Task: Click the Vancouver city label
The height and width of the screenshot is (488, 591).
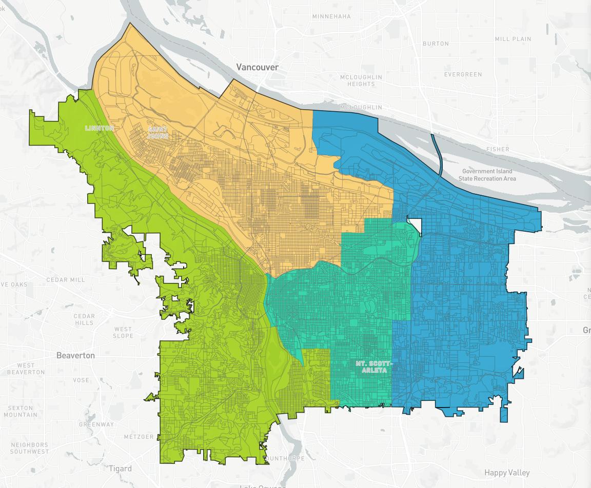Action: click(258, 67)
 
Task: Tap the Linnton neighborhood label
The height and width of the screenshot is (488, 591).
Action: click(100, 128)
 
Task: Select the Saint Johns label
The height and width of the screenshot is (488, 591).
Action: click(157, 133)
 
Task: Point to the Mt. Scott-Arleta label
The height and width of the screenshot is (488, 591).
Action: click(373, 367)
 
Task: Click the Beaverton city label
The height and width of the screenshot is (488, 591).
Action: click(75, 355)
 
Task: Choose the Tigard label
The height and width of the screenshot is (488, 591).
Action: click(120, 469)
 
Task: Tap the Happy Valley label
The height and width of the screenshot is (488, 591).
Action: click(507, 473)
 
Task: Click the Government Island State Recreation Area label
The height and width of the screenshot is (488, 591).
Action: click(487, 175)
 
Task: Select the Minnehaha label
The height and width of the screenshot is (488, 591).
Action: click(332, 16)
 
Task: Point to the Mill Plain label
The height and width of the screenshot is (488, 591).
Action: click(513, 39)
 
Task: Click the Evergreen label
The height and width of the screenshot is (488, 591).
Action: click(463, 74)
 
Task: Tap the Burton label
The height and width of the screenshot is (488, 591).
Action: click(436, 44)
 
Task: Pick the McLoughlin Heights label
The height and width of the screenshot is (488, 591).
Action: click(361, 80)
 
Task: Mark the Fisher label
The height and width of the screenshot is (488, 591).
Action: click(498, 150)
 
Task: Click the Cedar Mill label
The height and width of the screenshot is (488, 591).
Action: click(66, 280)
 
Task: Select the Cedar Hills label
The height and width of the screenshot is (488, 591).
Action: click(84, 319)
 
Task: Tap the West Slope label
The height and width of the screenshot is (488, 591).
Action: click(123, 333)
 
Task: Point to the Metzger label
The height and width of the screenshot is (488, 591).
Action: click(139, 437)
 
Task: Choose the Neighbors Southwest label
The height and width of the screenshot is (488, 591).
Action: click(30, 448)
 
